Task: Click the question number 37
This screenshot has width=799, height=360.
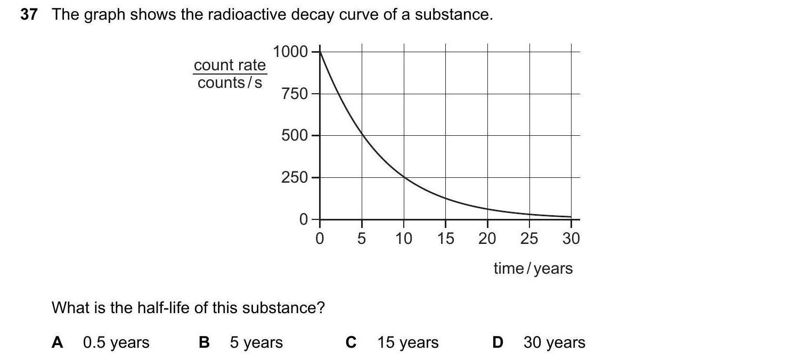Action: pos(29,15)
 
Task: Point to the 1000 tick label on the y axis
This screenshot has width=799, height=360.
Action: pos(290,52)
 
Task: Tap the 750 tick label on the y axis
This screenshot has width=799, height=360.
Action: pos(295,94)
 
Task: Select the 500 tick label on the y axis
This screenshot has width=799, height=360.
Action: pos(295,135)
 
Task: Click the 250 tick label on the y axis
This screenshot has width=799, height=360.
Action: pos(295,177)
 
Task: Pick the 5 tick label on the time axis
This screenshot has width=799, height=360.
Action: pos(362,239)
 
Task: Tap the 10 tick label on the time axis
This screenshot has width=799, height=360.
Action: pos(404,239)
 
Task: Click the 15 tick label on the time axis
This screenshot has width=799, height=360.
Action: pos(446,239)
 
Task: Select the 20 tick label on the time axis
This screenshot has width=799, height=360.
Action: pos(487,239)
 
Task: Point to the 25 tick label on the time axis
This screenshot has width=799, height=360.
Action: pos(529,239)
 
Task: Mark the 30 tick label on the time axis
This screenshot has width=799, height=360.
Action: pos(571,239)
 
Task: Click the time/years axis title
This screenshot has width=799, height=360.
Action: pos(533,268)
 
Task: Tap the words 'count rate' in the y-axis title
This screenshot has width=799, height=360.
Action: pos(230,65)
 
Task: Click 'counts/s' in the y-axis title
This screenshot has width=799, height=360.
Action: pos(230,83)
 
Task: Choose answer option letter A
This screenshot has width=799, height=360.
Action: pos(57,342)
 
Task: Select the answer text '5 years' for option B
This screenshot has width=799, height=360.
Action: pos(256,342)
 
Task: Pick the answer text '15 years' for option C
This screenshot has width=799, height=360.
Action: pos(408,342)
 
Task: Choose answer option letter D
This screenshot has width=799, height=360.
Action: pos(498,342)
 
